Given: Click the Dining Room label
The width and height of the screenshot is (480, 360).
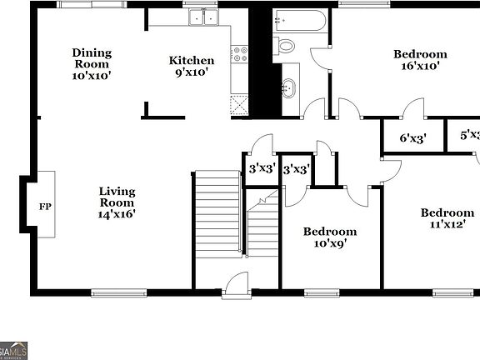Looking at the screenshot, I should click(92, 64).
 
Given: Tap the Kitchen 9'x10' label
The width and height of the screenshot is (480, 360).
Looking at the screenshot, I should click(192, 66).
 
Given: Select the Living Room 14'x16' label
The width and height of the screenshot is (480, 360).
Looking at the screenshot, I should click(117, 202).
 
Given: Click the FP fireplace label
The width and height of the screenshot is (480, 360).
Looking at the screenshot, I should click(45, 205).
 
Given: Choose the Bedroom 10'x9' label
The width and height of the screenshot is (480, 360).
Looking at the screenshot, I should click(329, 237).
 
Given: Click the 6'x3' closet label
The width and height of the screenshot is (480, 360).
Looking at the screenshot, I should click(412, 139).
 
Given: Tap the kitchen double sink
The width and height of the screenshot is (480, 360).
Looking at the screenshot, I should click(202, 17).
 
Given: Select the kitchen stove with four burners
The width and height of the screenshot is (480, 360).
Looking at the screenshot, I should click(239, 56).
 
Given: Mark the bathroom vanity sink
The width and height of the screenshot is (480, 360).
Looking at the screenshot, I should click(290, 87).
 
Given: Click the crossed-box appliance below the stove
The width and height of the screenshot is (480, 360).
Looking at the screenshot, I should click(239, 104).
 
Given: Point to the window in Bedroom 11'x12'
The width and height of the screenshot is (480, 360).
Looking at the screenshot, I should click(450, 292).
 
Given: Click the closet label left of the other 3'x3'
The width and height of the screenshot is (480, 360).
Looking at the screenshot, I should click(262, 169).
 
